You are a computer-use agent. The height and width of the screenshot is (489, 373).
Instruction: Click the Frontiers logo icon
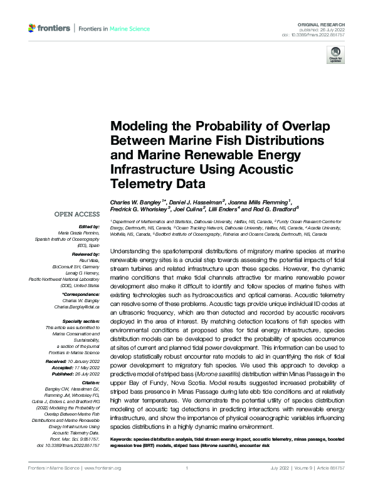click(33, 28)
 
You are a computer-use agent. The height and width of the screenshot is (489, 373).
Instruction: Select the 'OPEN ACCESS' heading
click(77, 214)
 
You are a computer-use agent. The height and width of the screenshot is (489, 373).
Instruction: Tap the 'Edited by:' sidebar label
click(88, 227)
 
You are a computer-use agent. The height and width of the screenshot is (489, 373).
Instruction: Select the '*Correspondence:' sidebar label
click(83, 294)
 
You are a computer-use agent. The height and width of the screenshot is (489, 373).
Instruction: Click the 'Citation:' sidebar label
click(90, 382)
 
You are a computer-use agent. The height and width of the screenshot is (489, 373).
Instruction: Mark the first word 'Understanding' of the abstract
click(130, 250)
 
